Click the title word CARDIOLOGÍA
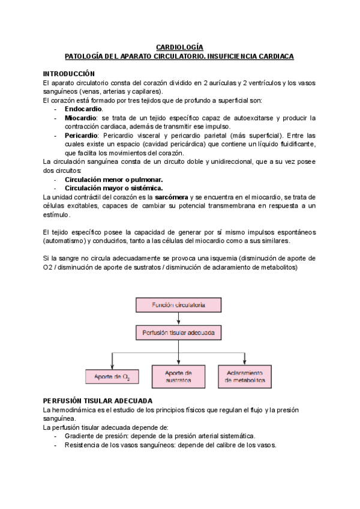(179, 47)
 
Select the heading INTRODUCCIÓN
(69, 73)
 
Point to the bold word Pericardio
(82, 136)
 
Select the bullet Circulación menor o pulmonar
(113, 179)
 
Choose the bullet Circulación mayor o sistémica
(113, 188)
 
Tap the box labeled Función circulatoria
(178, 305)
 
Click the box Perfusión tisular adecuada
(178, 332)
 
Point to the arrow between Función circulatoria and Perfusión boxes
(178, 318)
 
